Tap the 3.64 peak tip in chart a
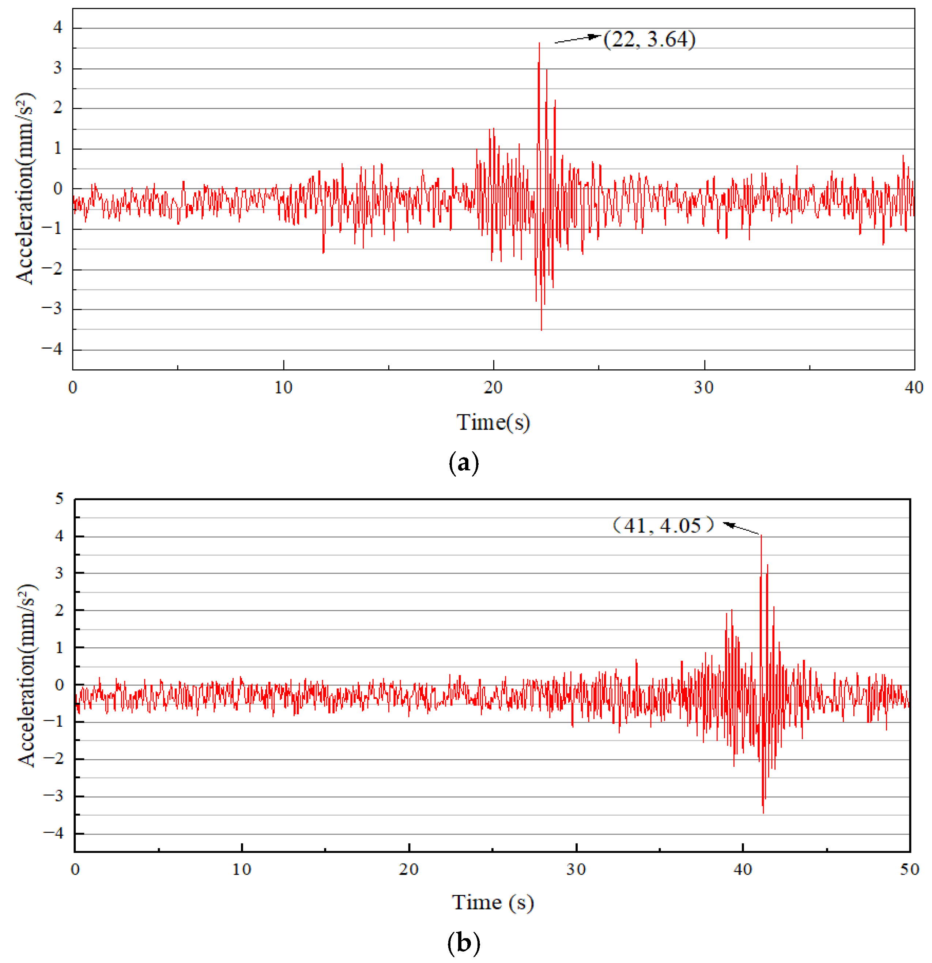click(x=539, y=43)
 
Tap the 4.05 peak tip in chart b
click(x=762, y=535)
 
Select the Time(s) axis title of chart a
click(x=493, y=422)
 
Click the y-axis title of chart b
click(x=27, y=675)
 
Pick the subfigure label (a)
click(x=463, y=463)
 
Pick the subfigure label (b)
click(x=463, y=943)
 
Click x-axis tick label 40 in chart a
click(x=914, y=388)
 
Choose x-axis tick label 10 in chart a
click(x=283, y=388)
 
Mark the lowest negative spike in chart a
click(x=542, y=330)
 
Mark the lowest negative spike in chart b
click(x=763, y=813)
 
